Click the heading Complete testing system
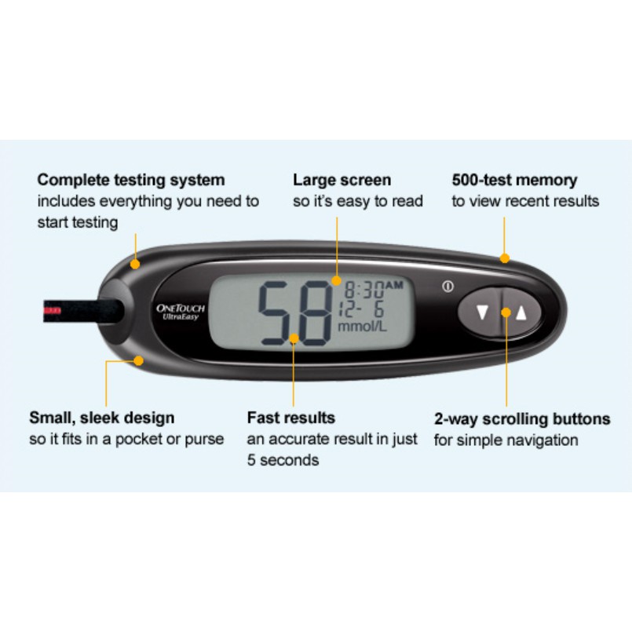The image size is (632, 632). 131,180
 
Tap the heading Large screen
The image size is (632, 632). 342,180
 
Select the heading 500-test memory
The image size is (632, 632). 514,180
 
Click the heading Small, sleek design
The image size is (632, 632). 102,418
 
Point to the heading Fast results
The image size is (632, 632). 290,418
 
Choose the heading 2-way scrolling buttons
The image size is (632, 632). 522,418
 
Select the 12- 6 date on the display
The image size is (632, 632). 361,305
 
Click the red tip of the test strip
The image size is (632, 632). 53,311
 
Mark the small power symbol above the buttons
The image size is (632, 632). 448,287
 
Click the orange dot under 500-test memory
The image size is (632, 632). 505,258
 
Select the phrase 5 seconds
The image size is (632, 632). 283,460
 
